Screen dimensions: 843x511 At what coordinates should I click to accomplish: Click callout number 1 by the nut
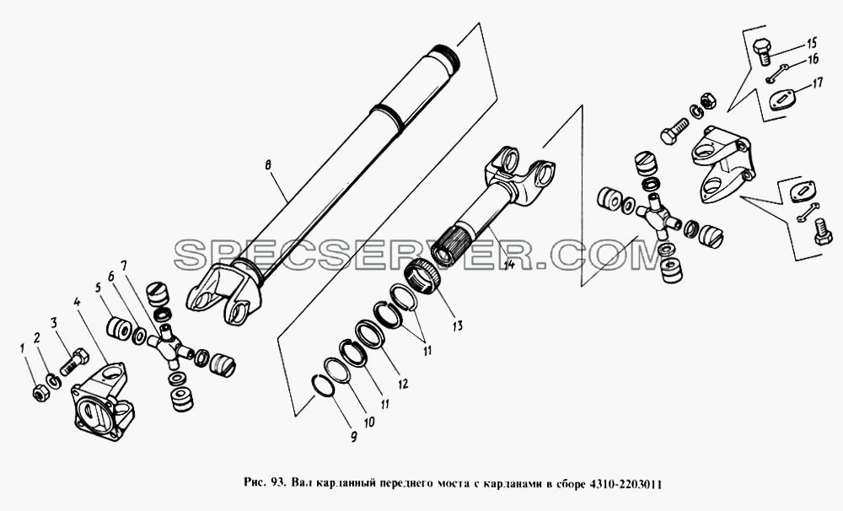(x=23, y=349)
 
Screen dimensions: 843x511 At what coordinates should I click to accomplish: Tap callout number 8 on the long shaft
(x=268, y=165)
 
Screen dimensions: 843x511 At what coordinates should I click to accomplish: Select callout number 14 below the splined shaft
(x=508, y=264)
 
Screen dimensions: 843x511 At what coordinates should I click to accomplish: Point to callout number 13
(x=457, y=325)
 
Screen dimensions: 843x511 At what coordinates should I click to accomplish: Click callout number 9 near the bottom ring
(x=353, y=437)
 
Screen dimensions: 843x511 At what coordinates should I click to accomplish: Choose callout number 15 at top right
(x=810, y=42)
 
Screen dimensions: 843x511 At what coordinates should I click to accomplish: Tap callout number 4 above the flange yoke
(x=78, y=302)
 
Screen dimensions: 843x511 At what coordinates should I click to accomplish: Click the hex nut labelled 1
(x=40, y=394)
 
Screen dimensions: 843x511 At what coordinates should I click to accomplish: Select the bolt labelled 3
(x=74, y=362)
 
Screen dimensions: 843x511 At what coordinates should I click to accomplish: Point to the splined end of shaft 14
(x=454, y=241)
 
